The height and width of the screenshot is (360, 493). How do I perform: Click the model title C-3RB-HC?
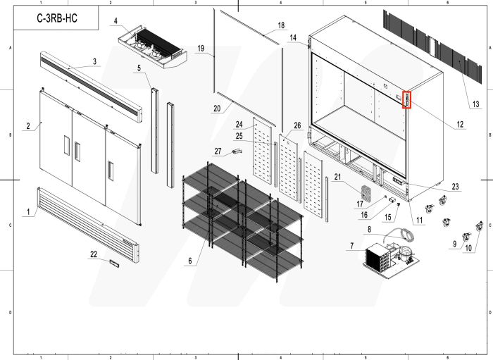[57, 20]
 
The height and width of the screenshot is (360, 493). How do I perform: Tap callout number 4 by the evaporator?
[116, 21]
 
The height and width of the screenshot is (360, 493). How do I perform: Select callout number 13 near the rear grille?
[475, 104]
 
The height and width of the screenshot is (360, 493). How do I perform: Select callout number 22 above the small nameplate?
[94, 254]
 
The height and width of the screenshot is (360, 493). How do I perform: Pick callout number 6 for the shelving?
[188, 261]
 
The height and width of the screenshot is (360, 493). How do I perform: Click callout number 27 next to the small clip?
[218, 151]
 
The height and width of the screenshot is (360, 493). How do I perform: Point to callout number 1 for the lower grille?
[27, 211]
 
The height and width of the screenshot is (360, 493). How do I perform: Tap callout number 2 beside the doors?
[28, 127]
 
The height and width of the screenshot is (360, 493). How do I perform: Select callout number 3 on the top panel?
[94, 62]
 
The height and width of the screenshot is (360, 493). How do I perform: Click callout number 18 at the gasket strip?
[281, 25]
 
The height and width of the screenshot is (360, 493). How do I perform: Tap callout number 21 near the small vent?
[337, 176]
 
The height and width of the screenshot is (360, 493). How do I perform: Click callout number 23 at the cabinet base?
[455, 187]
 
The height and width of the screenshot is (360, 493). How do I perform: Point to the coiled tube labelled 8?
[405, 235]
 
